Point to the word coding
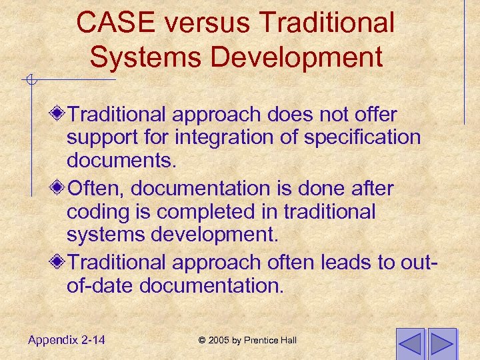(93, 212)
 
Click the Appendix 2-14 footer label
(67, 340)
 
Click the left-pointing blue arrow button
(409, 343)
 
